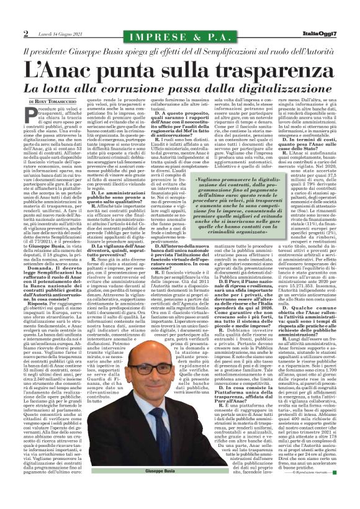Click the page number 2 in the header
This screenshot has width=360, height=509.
[x=8, y=33]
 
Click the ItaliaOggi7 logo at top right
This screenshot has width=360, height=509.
[x=333, y=33]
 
